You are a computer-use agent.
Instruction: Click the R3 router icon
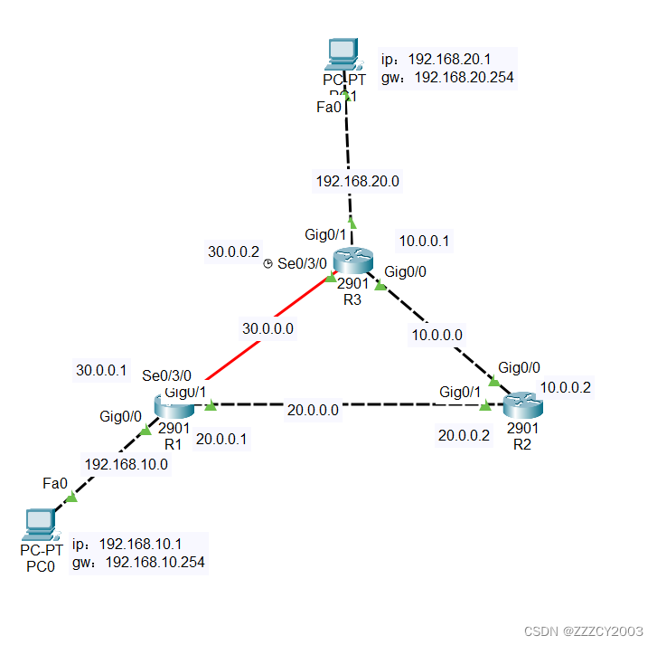click(352, 261)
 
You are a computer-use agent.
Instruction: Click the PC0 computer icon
click(41, 522)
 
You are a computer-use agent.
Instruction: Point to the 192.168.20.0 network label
click(357, 181)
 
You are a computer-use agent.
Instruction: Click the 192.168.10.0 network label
click(126, 464)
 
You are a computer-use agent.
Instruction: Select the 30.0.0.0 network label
click(267, 328)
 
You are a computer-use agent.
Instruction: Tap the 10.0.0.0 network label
click(437, 334)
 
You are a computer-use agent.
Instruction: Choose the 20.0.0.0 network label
click(313, 410)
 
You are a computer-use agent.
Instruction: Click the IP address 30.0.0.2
click(233, 251)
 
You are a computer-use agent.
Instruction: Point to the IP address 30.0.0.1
click(101, 369)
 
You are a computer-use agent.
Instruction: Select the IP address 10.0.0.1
click(424, 242)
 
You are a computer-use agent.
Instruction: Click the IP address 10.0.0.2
click(566, 387)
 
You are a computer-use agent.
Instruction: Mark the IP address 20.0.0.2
click(464, 435)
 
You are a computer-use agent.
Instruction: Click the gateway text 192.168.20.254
click(464, 78)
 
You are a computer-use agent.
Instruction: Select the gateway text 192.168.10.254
click(155, 563)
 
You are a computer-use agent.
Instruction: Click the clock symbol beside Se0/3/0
click(268, 263)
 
